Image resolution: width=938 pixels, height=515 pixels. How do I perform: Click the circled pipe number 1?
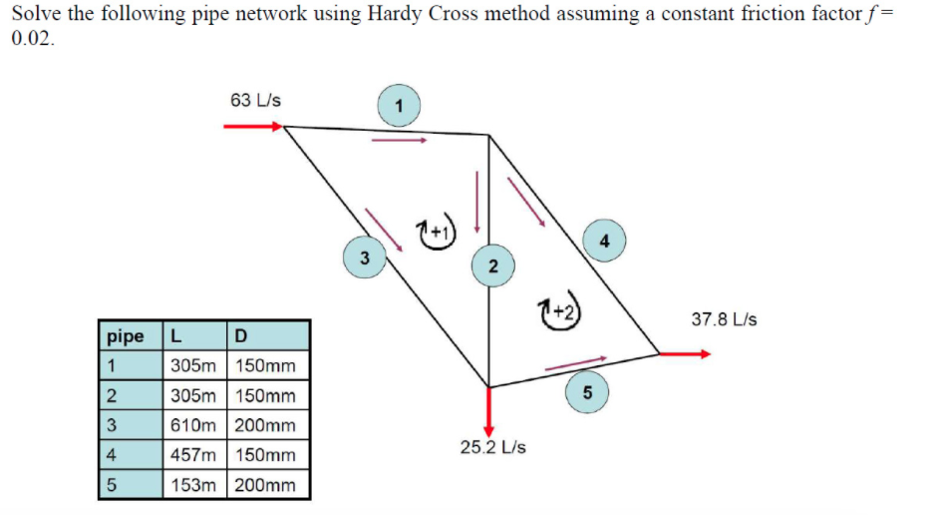[x=399, y=105]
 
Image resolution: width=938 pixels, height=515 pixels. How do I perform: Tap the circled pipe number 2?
[x=492, y=263]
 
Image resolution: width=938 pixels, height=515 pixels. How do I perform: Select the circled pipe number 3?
[x=364, y=257]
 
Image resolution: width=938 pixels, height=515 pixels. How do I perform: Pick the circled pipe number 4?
[x=603, y=240]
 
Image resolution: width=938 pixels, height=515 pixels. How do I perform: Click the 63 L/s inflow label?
[x=255, y=100]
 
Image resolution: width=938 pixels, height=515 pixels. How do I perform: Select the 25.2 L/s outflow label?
[x=492, y=446]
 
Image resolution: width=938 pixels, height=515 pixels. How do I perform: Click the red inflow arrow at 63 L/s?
[x=253, y=127]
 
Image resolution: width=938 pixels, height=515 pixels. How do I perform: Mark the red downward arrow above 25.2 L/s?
[x=488, y=409]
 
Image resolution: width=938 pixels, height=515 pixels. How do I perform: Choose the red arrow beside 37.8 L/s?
[x=685, y=353]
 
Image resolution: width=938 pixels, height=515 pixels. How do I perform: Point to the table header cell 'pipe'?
[x=126, y=334]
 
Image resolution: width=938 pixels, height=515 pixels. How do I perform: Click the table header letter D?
[x=239, y=334]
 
